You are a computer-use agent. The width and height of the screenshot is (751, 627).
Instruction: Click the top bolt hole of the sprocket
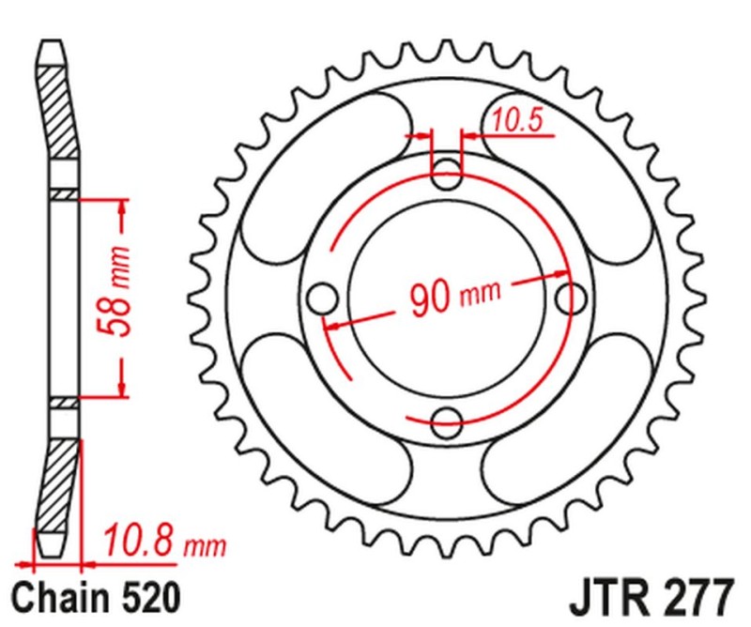pyautogui.click(x=447, y=172)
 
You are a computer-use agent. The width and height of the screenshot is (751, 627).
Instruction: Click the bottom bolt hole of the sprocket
pyautogui.click(x=447, y=421)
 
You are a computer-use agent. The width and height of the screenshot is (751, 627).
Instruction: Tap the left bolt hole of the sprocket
pyautogui.click(x=322, y=298)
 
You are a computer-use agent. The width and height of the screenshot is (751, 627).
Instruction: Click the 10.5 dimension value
pyautogui.click(x=512, y=119)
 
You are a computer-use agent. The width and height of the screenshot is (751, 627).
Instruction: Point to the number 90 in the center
pyautogui.click(x=431, y=299)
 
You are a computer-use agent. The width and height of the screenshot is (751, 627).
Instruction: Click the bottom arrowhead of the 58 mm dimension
pyautogui.click(x=120, y=388)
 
